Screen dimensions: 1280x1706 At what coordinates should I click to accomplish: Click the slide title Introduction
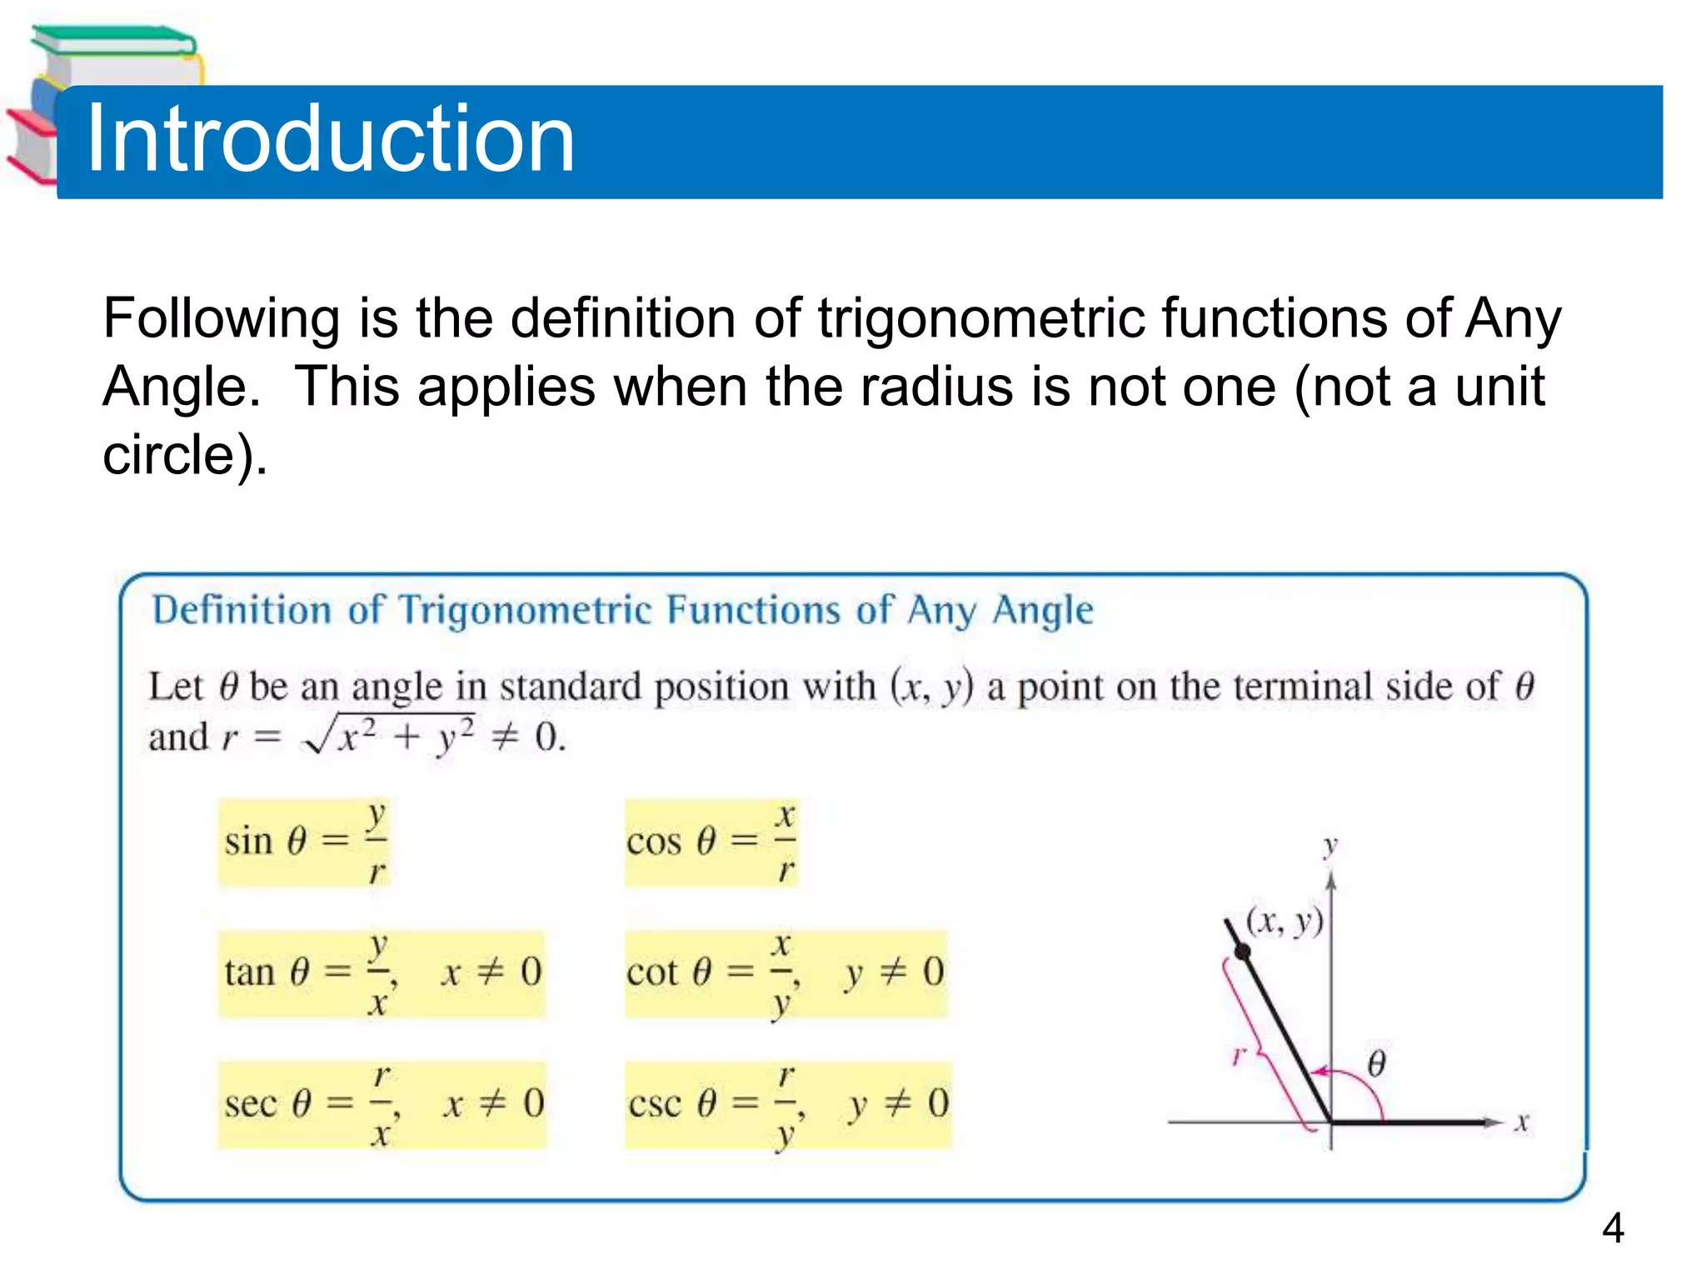tap(330, 138)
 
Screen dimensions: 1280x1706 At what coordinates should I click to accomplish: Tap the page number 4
tap(1613, 1227)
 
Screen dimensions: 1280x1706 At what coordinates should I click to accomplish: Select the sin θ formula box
tap(304, 842)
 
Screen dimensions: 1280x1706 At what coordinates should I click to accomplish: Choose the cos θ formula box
tap(711, 842)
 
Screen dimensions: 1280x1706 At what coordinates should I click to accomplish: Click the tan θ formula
tap(382, 973)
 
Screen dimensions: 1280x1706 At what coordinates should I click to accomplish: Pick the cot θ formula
tap(786, 973)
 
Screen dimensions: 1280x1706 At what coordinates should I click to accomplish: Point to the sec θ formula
tap(382, 1105)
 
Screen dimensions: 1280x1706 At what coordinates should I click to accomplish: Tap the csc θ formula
tap(787, 1105)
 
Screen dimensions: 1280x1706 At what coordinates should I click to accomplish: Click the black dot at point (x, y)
tap(1242, 952)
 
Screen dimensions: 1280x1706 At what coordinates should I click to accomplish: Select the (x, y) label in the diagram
tap(1284, 922)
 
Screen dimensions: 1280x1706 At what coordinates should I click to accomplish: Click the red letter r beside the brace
tap(1238, 1057)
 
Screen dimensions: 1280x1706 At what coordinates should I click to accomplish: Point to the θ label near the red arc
tap(1376, 1064)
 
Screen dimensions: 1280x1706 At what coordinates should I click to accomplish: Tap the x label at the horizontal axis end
tap(1522, 1122)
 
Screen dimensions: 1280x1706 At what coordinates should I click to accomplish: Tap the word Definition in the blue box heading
tap(242, 610)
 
